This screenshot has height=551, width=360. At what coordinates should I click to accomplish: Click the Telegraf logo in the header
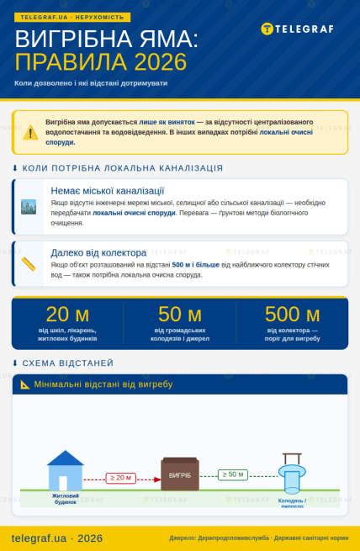click(297, 29)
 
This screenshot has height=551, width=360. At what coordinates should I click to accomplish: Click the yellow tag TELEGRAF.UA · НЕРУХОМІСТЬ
click(71, 17)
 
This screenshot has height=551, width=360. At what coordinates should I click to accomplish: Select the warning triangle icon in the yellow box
click(30, 132)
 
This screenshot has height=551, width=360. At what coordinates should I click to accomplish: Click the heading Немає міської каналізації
click(107, 191)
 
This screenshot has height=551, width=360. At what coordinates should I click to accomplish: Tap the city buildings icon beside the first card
click(29, 206)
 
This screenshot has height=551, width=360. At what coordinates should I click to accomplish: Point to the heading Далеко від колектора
click(98, 252)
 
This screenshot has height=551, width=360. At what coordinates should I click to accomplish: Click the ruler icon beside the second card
click(29, 263)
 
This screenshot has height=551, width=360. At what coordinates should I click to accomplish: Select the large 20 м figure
click(67, 314)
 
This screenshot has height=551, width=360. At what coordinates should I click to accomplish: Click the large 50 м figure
click(179, 314)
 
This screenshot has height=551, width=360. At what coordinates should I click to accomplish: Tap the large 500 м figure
click(292, 314)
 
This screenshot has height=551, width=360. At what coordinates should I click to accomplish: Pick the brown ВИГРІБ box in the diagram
click(180, 474)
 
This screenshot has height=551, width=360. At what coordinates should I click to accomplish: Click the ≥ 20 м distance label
click(120, 478)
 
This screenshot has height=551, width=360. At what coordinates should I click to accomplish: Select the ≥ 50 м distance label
click(232, 474)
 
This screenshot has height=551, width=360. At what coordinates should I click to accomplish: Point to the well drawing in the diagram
click(291, 474)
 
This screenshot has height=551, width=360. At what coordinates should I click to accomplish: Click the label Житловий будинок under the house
click(65, 499)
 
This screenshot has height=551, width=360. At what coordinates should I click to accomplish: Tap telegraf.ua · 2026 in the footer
click(57, 538)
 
